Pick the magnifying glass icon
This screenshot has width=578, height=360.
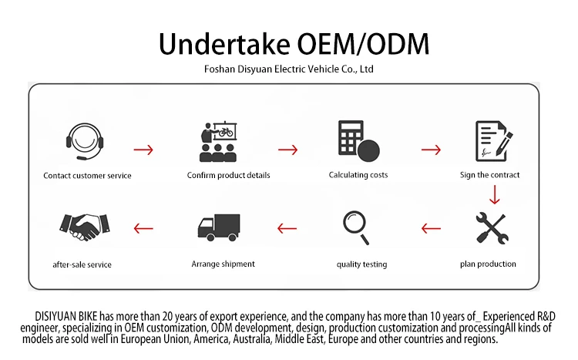(x=357, y=227)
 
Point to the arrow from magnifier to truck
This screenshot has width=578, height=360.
(x=287, y=228)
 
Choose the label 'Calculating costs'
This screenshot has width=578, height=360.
(x=358, y=175)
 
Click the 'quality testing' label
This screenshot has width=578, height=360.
(x=362, y=264)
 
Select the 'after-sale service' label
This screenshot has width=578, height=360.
(x=82, y=264)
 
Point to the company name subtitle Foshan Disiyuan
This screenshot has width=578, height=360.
(x=288, y=69)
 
